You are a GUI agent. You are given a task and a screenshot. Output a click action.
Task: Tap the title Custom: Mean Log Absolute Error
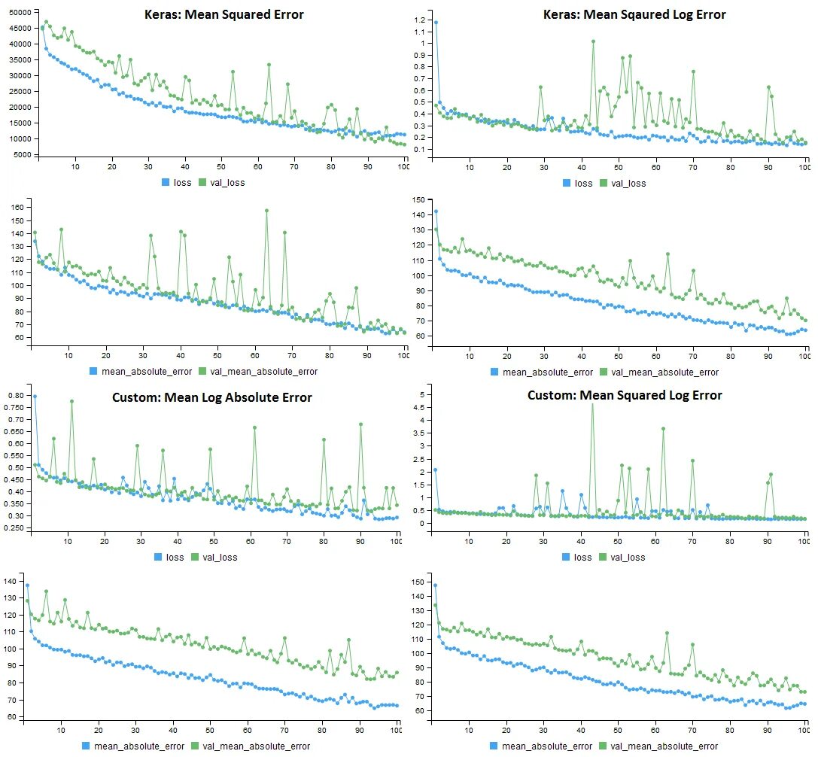tap(230, 397)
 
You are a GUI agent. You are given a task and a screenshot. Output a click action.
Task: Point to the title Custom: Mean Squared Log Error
tap(624, 395)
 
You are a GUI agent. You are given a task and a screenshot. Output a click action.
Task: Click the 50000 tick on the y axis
tap(17, 13)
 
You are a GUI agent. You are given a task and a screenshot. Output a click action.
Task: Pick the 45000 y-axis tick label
tap(17, 29)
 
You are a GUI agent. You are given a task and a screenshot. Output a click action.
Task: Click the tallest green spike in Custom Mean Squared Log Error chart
tap(592, 404)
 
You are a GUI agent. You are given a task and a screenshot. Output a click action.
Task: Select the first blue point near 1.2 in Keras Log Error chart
tap(436, 23)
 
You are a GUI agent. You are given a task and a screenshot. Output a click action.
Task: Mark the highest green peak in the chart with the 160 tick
tap(266, 211)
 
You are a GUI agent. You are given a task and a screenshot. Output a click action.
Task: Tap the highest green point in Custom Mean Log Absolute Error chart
tap(71, 401)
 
